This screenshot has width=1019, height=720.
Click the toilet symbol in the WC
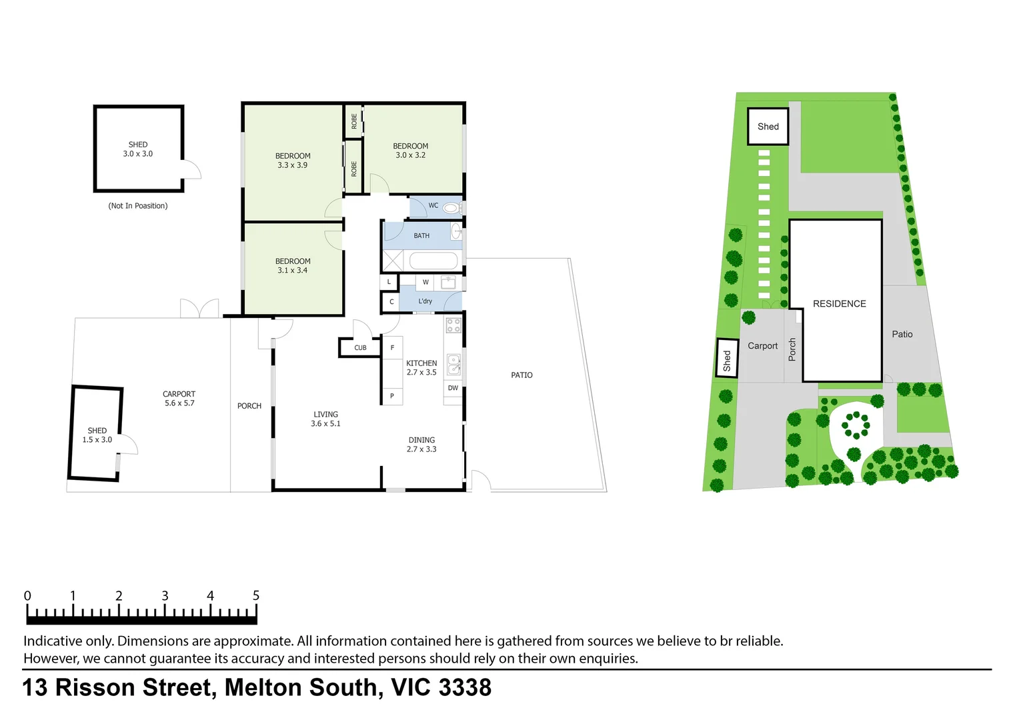tap(452, 208)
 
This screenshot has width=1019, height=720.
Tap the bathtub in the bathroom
tap(433, 261)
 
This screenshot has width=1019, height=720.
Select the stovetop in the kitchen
tap(453, 325)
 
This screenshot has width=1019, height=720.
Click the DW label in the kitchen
tap(453, 388)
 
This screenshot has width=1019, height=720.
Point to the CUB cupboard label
tap(360, 348)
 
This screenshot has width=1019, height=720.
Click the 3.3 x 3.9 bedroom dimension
tap(293, 165)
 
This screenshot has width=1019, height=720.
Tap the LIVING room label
tap(325, 414)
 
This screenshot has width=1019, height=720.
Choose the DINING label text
tap(421, 440)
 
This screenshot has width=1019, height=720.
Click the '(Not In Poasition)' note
tap(138, 206)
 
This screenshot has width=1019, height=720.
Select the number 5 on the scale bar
tap(255, 595)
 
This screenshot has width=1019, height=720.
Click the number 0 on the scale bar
tap(27, 595)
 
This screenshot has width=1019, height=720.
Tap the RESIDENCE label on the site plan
tap(839, 304)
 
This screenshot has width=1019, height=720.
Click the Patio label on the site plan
tap(902, 335)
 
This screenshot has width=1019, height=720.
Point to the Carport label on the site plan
tap(762, 346)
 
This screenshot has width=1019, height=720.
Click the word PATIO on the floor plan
tap(522, 375)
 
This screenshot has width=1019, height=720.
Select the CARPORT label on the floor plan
tap(179, 394)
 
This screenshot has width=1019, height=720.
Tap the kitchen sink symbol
tap(453, 364)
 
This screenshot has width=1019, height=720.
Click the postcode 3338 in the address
tap(465, 687)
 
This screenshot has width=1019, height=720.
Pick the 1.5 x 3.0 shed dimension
tap(97, 440)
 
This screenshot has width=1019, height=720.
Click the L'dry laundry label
tap(425, 301)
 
